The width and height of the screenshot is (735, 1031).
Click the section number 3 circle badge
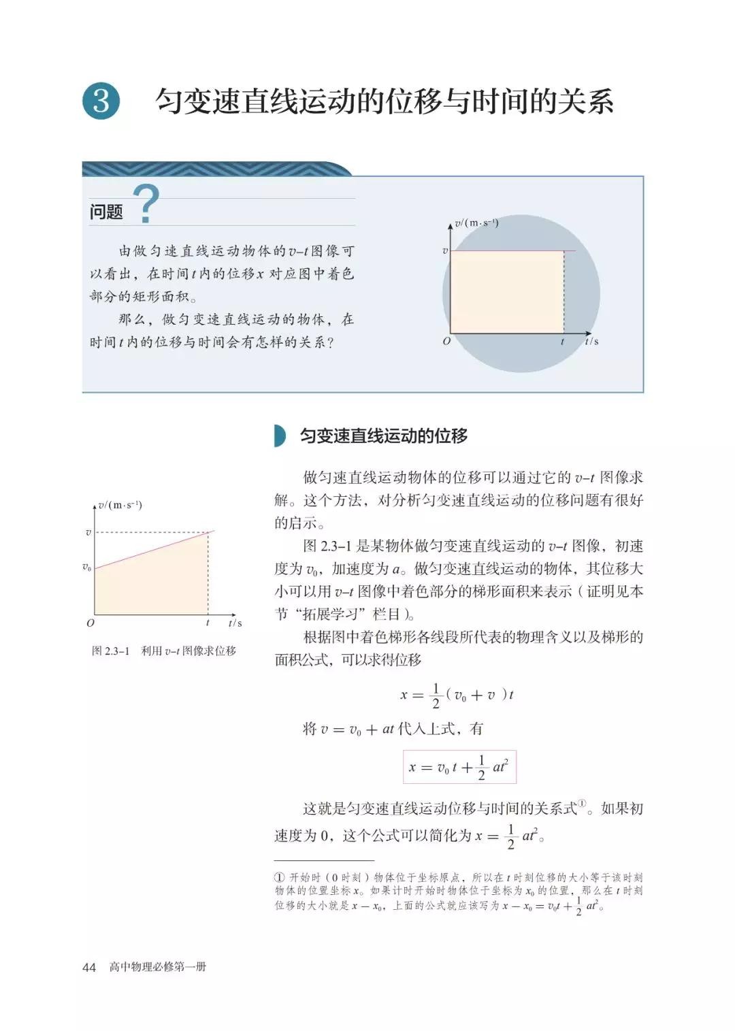(x=101, y=101)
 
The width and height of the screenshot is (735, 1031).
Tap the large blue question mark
(x=146, y=203)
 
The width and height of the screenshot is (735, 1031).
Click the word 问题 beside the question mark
(x=106, y=212)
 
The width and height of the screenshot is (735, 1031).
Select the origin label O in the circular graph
(x=446, y=342)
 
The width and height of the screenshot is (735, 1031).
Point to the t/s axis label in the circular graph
(x=591, y=341)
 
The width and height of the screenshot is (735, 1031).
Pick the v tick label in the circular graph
(x=445, y=250)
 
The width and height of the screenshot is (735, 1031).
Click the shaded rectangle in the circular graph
(x=507, y=292)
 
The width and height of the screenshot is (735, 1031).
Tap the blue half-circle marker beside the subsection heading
(x=280, y=436)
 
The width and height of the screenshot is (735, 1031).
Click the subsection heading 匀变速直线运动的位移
(x=384, y=436)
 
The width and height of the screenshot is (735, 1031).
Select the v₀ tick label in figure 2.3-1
(x=86, y=567)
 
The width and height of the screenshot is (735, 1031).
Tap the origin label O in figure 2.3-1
(x=91, y=623)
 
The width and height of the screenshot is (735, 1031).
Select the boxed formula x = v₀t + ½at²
(x=459, y=767)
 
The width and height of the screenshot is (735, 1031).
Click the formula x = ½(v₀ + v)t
(x=457, y=695)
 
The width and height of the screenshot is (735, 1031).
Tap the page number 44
(x=89, y=967)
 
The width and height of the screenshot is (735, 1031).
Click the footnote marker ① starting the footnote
(x=279, y=878)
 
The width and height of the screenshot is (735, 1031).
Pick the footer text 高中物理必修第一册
(x=158, y=967)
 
